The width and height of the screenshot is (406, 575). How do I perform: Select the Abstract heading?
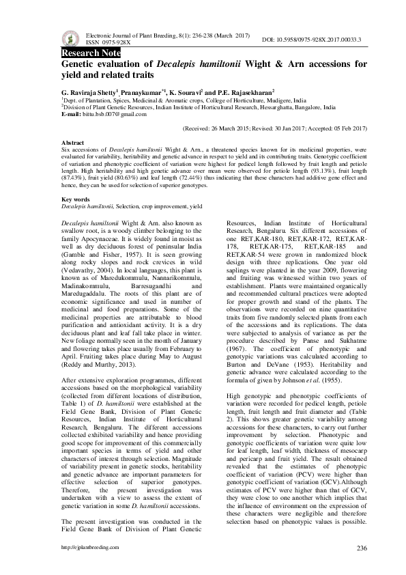tap(74, 141)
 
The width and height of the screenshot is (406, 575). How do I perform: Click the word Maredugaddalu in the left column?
tap(86, 296)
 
